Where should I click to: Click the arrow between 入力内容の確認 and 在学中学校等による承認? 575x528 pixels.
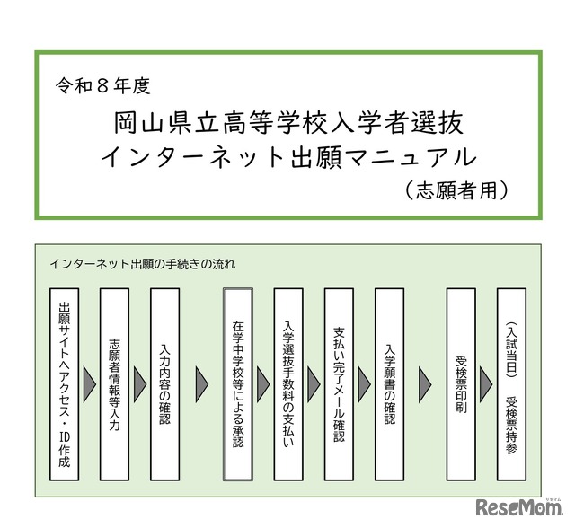tap(205, 384)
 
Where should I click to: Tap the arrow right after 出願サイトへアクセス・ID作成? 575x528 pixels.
tap(90, 384)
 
